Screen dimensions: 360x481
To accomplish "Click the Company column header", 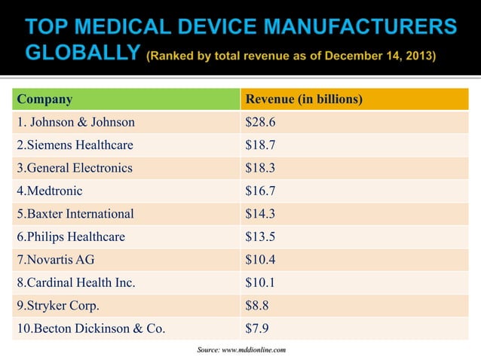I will pos(45,99).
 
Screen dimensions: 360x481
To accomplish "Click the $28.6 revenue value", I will pos(261,122).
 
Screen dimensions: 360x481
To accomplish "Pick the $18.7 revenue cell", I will pos(261,145).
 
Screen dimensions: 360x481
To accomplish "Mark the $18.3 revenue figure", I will pos(261,168).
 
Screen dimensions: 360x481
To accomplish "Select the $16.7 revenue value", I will pos(261,191).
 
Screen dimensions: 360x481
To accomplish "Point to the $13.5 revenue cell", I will pos(261,237).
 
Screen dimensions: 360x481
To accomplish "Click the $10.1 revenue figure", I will pos(261,283).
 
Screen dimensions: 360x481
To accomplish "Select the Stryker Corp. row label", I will pos(57,306).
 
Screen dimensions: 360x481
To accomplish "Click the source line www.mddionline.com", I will pos(241,350).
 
